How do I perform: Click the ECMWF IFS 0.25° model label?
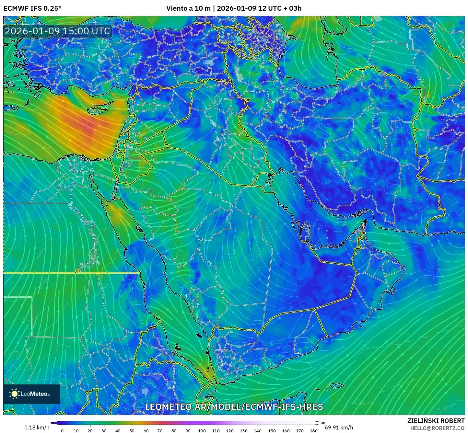pos(32,8)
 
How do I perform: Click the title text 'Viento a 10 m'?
pos(188,8)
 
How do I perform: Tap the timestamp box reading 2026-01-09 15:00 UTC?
pos(57,31)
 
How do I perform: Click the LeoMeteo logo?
pos(32,394)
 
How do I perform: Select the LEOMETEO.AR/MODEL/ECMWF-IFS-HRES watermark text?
pos(234,407)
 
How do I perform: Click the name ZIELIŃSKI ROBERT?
pos(436,421)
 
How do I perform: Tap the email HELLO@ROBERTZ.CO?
pos(437,428)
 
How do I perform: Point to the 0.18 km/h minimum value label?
pos(37,427)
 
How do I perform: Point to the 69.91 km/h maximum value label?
pos(339,427)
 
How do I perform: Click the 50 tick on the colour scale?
pos(132,430)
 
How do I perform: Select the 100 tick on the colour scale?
pos(202,430)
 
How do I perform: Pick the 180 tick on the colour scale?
pos(313,430)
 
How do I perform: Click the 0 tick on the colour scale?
pos(62,430)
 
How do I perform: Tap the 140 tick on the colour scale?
pos(258,430)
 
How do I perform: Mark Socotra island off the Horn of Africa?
pos(337,385)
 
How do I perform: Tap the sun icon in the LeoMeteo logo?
pos(15,394)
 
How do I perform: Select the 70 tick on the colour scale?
pos(160,430)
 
